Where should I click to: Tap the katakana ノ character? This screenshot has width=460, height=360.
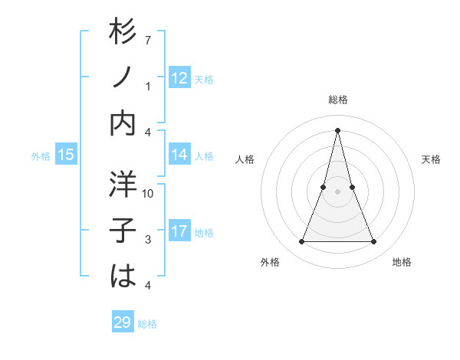tap(123, 80)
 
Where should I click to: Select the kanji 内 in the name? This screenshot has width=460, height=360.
tap(123, 123)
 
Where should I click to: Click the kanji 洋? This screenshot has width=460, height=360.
tap(123, 186)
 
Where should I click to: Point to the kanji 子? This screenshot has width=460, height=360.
tap(123, 231)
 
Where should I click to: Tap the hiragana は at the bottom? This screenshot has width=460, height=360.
tap(123, 275)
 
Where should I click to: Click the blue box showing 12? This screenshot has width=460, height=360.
tap(179, 78)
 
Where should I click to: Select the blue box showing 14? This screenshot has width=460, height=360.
tap(179, 155)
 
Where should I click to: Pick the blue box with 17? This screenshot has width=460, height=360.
tap(179, 231)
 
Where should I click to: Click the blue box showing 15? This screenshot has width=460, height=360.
tap(66, 155)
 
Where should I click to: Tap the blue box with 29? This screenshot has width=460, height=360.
tap(123, 322)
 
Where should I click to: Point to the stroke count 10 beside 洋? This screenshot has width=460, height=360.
tap(148, 194)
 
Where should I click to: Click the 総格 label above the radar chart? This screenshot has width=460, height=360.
tap(337, 100)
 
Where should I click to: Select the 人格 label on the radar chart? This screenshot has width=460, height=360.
tap(245, 159)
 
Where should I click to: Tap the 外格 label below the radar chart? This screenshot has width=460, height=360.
tap(270, 263)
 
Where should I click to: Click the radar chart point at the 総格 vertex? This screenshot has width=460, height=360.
tap(337, 129)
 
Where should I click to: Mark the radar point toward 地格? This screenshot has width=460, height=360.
tap(374, 242)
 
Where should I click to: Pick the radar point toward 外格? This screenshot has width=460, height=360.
tap(301, 242)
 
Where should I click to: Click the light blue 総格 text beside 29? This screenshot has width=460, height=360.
tap(147, 324)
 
